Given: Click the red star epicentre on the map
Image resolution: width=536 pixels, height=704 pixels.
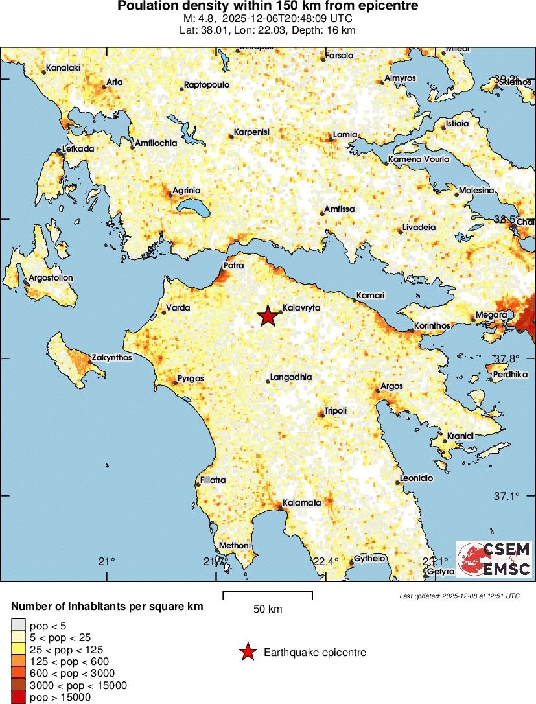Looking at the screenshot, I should tap(267, 316).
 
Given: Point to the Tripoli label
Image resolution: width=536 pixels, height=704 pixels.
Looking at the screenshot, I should tap(335, 411).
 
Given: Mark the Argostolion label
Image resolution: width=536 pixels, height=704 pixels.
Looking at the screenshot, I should tap(51, 278).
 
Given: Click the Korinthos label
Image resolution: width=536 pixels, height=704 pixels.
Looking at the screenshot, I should tap(434, 326).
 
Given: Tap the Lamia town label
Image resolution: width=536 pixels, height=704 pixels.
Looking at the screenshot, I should tap(344, 135).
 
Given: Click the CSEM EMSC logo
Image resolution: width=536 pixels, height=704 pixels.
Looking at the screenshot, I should tap(494, 559).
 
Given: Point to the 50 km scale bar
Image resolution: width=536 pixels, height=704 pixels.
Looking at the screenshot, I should tap(268, 595).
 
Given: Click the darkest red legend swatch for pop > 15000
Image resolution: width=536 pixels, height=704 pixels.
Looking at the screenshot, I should tap(19, 698).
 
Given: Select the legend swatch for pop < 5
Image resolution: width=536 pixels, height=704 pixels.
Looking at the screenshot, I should tap(19, 626).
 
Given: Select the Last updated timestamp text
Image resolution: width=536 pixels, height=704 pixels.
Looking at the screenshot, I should tap(459, 596).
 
